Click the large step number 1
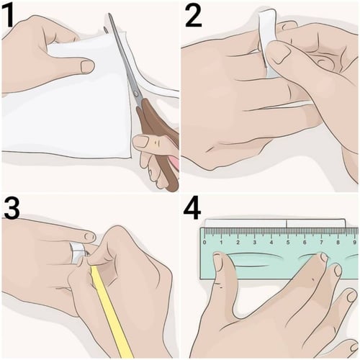[x=8, y=16]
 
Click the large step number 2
[x=193, y=16]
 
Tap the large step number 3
[x=12, y=207]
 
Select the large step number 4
[x=192, y=207]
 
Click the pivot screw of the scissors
[x=136, y=94]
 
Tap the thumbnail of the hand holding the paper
[x=88, y=66]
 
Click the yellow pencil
[x=110, y=310]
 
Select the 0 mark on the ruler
[x=204, y=243]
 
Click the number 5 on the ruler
[x=288, y=243]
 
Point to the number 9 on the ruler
[x=354, y=243]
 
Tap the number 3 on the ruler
[x=254, y=243]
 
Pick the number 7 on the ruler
[x=321, y=243]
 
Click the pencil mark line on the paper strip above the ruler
[x=287, y=223]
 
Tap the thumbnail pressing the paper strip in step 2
[x=279, y=52]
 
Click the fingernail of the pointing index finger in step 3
[x=89, y=237]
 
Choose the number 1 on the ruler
[x=221, y=243]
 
